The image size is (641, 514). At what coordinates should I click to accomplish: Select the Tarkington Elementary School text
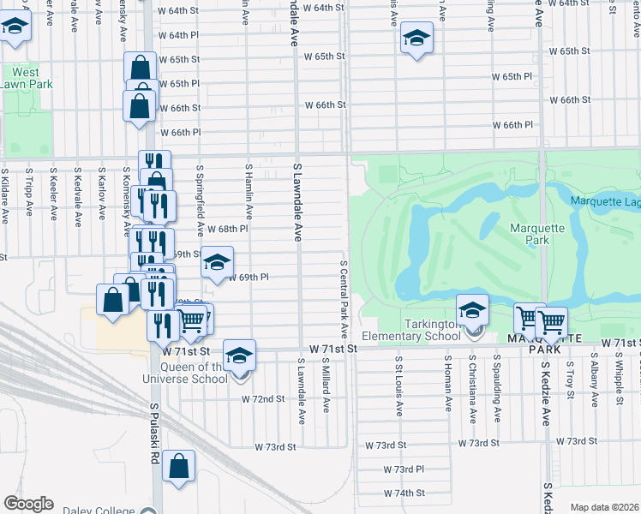point(410,336)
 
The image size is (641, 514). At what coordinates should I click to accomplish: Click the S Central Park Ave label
point(343,299)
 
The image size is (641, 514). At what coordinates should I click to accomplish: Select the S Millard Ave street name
point(326,386)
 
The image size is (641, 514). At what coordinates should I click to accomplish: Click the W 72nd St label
point(263,399)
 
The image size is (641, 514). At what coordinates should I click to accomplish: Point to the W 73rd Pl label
point(404,470)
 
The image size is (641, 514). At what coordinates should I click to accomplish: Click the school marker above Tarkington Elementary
point(471,310)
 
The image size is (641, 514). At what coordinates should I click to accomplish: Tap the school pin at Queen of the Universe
point(239,355)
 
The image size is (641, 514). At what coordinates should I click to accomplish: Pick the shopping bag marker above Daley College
point(179,468)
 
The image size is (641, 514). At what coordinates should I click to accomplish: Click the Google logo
point(28,504)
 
